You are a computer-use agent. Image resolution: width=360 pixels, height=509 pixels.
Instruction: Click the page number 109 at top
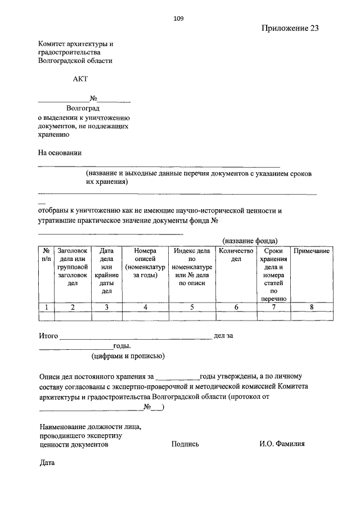(x=179, y=18)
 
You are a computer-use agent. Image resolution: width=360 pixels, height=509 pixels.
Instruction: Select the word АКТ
(x=80, y=79)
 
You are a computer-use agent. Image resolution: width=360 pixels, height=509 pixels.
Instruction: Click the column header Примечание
(x=311, y=251)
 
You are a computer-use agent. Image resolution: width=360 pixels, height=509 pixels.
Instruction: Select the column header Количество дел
(x=236, y=255)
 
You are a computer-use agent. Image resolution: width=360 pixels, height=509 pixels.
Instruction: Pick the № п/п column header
(x=46, y=255)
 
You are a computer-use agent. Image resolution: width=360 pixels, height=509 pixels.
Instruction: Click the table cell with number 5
(x=192, y=307)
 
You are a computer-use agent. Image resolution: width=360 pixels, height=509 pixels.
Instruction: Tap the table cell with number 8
(x=311, y=307)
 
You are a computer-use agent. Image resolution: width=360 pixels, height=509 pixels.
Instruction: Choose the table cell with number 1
(x=46, y=307)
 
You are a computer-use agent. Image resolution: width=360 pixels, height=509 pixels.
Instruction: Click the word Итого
(x=48, y=336)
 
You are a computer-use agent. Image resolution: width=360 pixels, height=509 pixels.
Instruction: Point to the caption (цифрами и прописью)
(x=128, y=356)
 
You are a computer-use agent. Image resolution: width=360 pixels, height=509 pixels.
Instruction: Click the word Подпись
(x=185, y=444)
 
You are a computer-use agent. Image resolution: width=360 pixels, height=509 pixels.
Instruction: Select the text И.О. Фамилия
(x=282, y=444)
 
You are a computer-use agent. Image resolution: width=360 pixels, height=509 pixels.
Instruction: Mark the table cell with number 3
(x=107, y=307)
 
